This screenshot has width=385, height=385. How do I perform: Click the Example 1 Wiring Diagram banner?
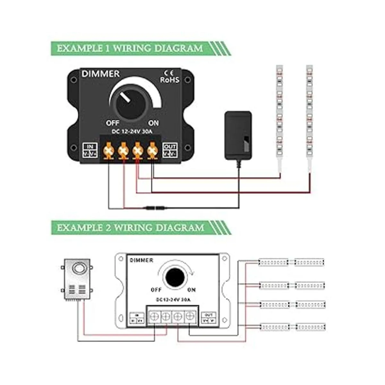(x=130, y=49)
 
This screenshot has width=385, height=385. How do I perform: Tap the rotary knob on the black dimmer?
(x=130, y=102)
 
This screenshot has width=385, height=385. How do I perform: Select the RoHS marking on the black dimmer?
(x=169, y=80)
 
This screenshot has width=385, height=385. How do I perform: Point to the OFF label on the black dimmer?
(x=113, y=123)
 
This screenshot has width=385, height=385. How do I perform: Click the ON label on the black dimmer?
(x=153, y=123)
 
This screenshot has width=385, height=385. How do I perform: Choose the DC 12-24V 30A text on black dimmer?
(x=132, y=132)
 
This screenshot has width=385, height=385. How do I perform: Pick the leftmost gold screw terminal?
(x=108, y=150)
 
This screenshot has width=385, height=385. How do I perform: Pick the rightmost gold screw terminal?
(x=152, y=150)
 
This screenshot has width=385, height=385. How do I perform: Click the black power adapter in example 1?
(x=238, y=135)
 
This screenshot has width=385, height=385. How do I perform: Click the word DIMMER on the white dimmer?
(x=141, y=260)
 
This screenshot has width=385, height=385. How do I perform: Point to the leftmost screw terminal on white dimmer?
(x=154, y=317)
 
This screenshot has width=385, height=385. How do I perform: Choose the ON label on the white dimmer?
(x=191, y=290)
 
